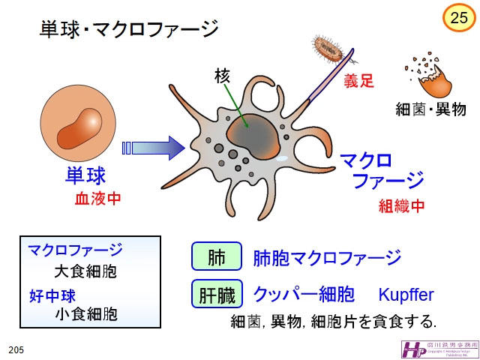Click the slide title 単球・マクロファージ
click(128, 30)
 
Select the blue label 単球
click(85, 176)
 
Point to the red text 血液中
click(97, 199)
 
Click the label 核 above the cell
click(222, 76)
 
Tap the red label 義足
click(358, 81)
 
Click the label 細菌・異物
click(430, 109)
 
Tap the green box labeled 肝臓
click(217, 294)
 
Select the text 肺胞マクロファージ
click(327, 258)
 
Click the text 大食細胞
click(85, 271)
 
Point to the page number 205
click(16, 350)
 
